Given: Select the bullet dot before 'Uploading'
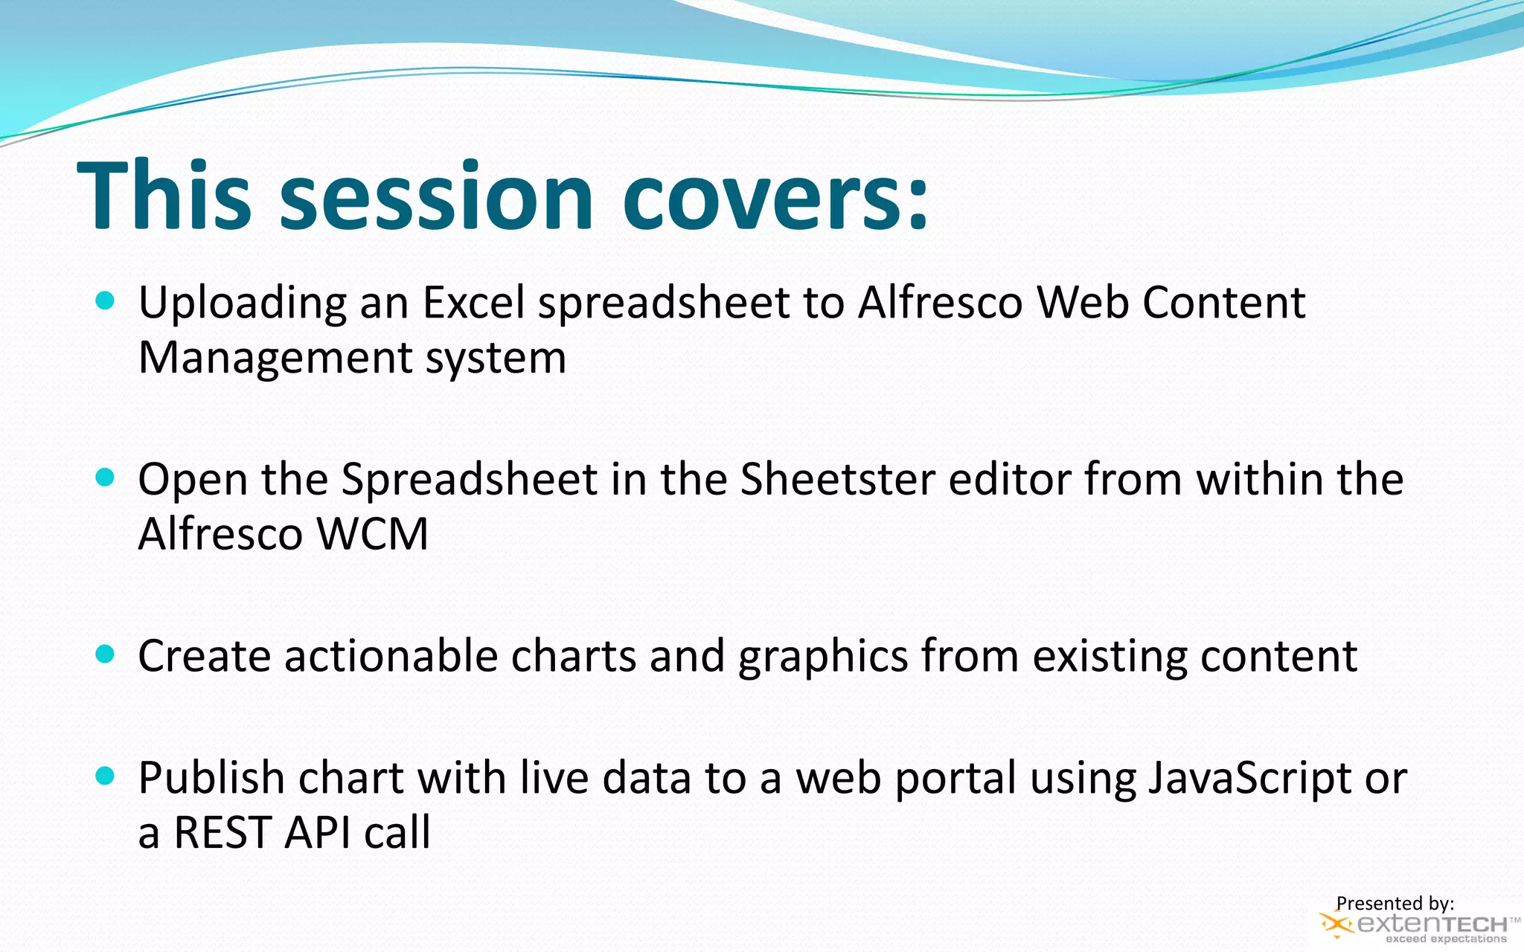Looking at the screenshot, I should click(106, 300).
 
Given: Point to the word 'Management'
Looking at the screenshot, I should click(275, 358).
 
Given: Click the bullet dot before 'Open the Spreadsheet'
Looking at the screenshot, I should click(106, 477).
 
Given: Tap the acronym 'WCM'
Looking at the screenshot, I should click(372, 533).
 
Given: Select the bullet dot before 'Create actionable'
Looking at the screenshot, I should click(106, 654).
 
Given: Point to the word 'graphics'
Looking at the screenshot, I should click(823, 657).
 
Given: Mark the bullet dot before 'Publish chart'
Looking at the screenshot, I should click(106, 776).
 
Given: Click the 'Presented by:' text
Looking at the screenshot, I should click(1395, 903).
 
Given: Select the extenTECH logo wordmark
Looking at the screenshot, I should click(1432, 924).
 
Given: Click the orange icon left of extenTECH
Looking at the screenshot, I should click(1336, 924).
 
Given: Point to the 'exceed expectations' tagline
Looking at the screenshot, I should click(1445, 939).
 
